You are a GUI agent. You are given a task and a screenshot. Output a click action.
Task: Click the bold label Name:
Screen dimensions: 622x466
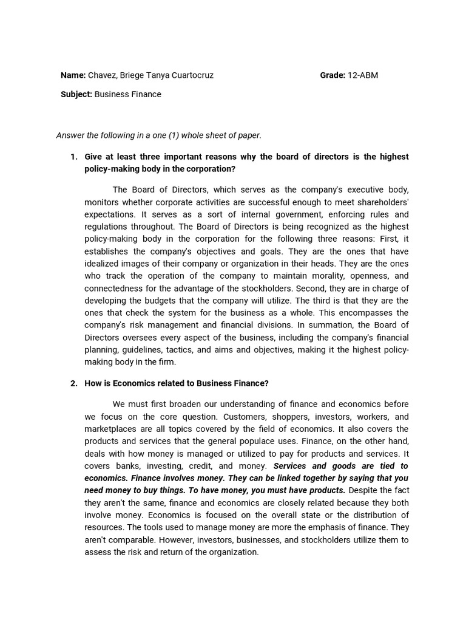(73, 75)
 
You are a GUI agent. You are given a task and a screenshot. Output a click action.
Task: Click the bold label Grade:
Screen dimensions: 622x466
(333, 75)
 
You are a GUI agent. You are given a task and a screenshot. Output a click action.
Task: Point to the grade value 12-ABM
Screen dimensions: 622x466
(363, 75)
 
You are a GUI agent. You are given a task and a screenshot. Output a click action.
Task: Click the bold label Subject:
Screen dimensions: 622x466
(76, 94)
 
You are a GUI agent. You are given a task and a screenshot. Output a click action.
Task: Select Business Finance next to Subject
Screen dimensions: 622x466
(128, 94)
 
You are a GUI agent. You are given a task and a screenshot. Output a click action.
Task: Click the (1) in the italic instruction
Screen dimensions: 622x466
(181, 135)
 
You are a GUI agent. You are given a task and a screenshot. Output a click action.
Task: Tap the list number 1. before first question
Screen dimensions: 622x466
(74, 157)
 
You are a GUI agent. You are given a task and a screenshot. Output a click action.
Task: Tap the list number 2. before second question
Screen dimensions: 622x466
(74, 383)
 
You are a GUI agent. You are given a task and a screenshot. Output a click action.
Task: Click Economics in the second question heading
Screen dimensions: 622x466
(124, 383)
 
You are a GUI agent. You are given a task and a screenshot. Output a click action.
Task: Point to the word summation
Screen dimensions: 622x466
(320, 325)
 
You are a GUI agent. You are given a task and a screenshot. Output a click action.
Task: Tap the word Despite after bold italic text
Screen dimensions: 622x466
(365, 490)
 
